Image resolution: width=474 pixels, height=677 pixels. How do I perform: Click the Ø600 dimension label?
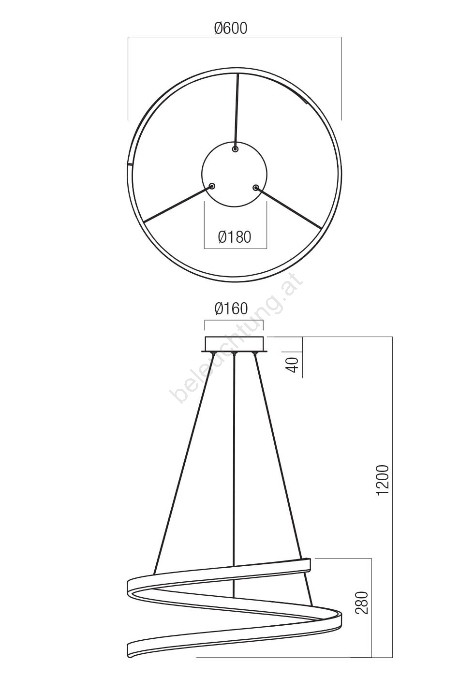coord(231,29)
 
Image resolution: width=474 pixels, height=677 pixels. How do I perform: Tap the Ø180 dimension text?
coord(235,237)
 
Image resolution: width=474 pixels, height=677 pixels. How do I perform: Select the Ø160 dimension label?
coord(231,309)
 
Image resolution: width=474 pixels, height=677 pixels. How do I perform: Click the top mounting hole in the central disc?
coord(235,149)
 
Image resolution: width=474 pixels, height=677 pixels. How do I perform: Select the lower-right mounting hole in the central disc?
coord(256,188)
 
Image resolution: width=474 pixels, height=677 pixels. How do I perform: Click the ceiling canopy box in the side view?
coord(235,344)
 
